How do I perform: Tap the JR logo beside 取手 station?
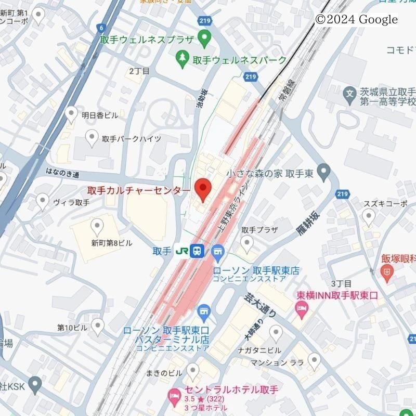[181, 251]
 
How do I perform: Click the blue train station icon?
[197, 251]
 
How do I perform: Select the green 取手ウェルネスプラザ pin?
[204, 37]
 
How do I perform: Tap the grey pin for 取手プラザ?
[247, 242]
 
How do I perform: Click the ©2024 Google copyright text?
[356, 20]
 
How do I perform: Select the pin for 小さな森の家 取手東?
[324, 171]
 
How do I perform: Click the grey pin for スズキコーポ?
[368, 217]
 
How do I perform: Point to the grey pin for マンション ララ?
[314, 359]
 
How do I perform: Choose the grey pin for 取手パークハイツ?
[92, 137]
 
